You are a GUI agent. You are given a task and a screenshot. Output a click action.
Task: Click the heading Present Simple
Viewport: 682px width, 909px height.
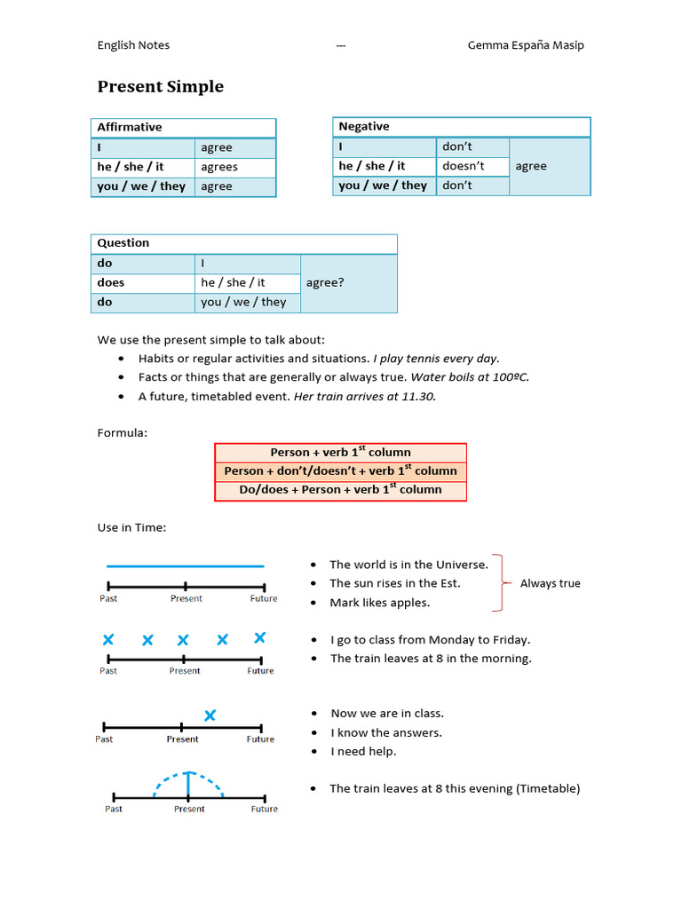coord(160,87)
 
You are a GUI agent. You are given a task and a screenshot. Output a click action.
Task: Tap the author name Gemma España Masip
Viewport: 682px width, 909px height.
coord(526,45)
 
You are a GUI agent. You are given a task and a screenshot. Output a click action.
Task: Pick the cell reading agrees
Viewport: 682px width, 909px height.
coord(219,167)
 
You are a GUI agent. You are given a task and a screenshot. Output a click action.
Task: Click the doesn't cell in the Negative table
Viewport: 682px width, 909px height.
coord(464,166)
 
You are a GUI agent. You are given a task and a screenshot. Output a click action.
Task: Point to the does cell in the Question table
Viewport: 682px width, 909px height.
coord(111,282)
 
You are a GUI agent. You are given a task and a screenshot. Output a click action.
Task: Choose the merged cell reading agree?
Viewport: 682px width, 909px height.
coord(325,282)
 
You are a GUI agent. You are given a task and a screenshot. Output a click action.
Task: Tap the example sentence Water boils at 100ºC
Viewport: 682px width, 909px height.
coord(470,377)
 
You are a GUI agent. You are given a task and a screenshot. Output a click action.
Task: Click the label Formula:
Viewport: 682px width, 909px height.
coord(123,433)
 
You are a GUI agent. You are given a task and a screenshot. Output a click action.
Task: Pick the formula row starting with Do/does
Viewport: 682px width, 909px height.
coord(340,490)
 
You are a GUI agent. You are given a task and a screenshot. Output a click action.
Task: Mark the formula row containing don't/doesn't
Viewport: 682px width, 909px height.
coord(340,471)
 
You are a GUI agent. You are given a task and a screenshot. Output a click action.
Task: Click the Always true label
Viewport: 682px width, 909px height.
coord(550,583)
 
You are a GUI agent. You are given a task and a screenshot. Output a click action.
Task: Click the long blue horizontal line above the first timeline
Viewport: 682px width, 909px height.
coord(185,565)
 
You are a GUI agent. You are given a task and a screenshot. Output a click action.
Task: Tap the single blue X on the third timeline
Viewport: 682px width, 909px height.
coord(210,715)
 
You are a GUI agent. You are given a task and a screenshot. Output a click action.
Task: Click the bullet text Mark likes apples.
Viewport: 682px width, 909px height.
coord(379,603)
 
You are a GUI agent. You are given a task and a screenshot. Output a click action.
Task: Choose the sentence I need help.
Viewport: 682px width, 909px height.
coord(363,752)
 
